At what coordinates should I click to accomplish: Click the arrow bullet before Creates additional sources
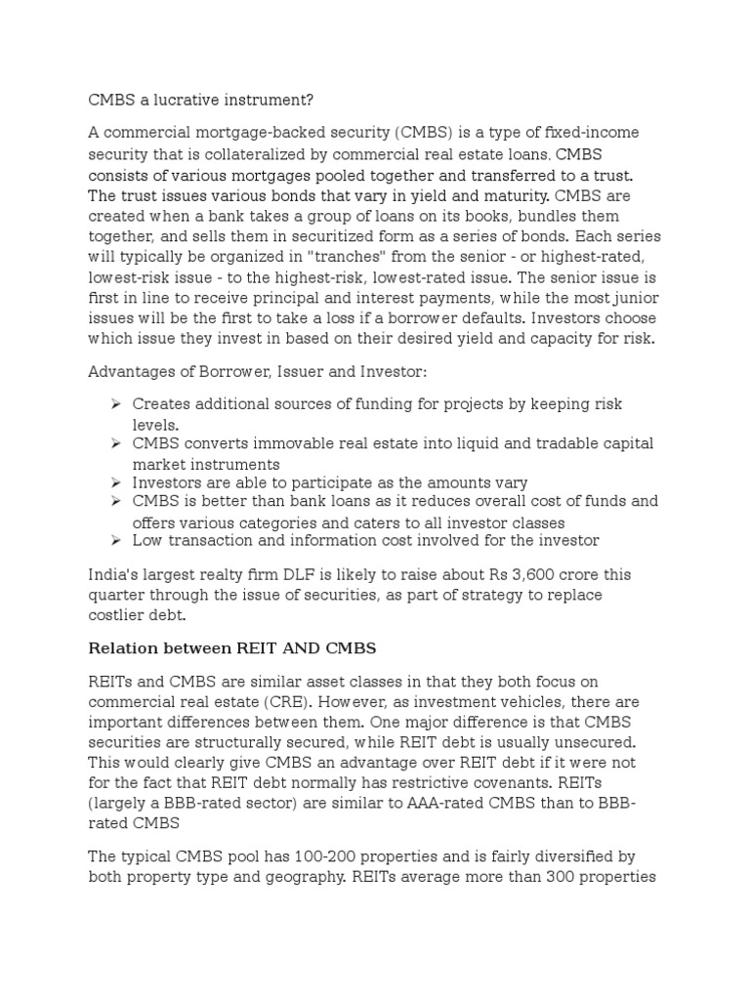point(115,404)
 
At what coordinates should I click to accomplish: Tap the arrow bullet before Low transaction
point(115,540)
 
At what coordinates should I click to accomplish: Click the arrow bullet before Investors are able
point(115,482)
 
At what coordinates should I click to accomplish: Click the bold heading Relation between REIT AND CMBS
point(232,647)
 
